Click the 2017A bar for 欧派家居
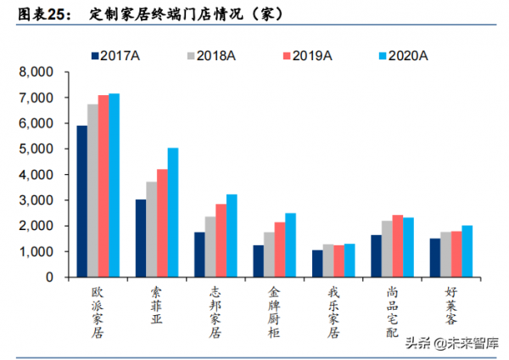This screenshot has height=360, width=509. pyautogui.click(x=81, y=201)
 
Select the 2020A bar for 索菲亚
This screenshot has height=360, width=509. pyautogui.click(x=173, y=212)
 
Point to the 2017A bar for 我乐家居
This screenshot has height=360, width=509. pyautogui.click(x=316, y=263)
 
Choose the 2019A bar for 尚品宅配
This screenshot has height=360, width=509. pyautogui.click(x=397, y=246)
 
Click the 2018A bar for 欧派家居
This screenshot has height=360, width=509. pyautogui.click(x=92, y=191)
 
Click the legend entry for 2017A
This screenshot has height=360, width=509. pyautogui.click(x=118, y=55)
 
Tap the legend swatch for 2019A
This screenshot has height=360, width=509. pyautogui.click(x=285, y=55)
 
